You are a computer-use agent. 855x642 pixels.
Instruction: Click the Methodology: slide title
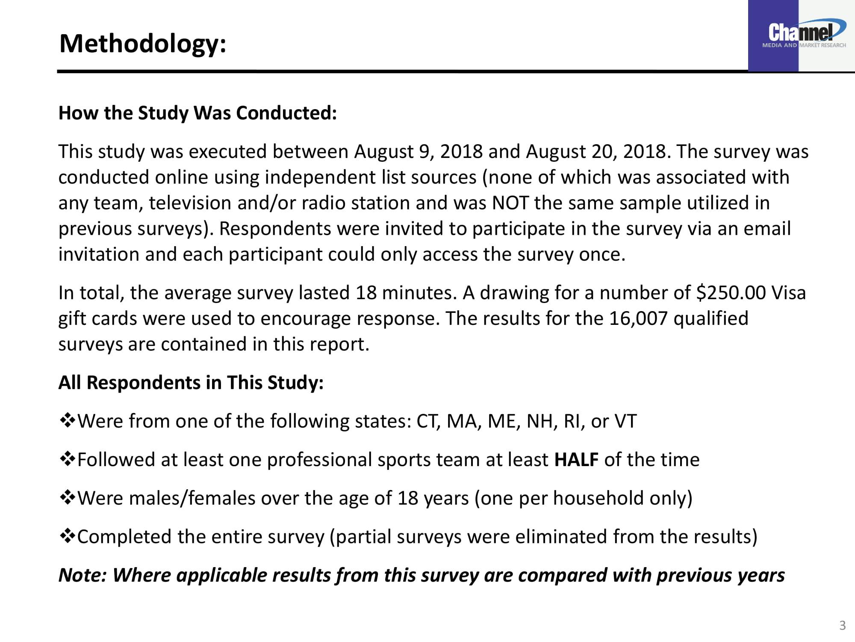(143, 44)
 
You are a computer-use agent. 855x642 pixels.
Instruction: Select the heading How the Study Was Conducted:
(198, 113)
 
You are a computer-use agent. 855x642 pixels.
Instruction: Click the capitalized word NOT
(510, 203)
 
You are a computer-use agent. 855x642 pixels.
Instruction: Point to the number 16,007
(638, 318)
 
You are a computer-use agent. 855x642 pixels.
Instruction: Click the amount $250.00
(731, 293)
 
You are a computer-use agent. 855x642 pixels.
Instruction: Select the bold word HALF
(576, 460)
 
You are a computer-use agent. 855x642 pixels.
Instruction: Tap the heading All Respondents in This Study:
(191, 383)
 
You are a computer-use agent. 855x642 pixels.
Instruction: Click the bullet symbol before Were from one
(67, 421)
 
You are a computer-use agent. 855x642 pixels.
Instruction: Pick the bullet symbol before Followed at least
(67, 460)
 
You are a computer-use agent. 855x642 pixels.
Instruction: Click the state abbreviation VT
(625, 421)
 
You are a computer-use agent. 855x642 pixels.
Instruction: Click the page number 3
(842, 625)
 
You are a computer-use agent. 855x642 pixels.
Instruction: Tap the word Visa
(789, 293)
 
